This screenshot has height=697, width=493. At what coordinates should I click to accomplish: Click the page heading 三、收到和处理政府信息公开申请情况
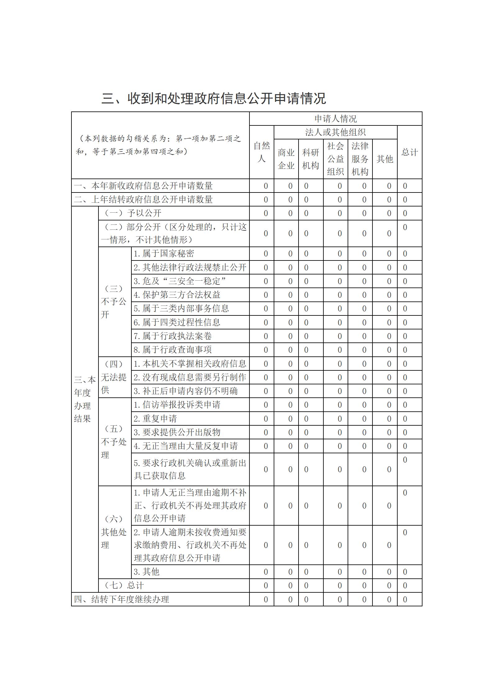pos(214,98)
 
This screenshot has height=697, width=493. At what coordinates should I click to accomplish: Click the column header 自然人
pos(262,152)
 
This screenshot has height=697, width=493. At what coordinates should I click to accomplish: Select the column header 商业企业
pos(286,159)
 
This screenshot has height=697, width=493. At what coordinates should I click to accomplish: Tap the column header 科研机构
pos(311,159)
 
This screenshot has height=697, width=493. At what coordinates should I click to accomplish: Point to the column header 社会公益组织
pos(336,159)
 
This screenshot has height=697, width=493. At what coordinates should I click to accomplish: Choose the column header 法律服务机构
pos(360,159)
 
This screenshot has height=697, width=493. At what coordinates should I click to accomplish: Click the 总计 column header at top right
pos(409,152)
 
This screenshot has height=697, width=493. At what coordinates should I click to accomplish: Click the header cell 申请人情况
pos(336,119)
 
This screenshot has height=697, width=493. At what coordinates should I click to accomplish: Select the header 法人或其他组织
pos(336,133)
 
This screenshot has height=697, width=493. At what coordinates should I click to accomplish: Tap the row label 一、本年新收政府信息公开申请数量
pos(144,186)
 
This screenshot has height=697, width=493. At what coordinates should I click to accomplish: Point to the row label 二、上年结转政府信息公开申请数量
pos(144,199)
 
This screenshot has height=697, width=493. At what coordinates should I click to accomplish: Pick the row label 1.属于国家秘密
pos(164,254)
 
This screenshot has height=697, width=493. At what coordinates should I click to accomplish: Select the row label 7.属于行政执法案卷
pos(173,336)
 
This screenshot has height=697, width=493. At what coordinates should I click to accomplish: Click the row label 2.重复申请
pos(155,419)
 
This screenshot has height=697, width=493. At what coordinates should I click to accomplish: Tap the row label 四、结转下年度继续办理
pos(121,599)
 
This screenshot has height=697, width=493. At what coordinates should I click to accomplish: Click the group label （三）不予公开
pos(114,301)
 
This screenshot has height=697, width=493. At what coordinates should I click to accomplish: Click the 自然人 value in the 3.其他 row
pos(266,572)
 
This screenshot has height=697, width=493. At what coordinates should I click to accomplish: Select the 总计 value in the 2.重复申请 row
pos(405,419)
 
